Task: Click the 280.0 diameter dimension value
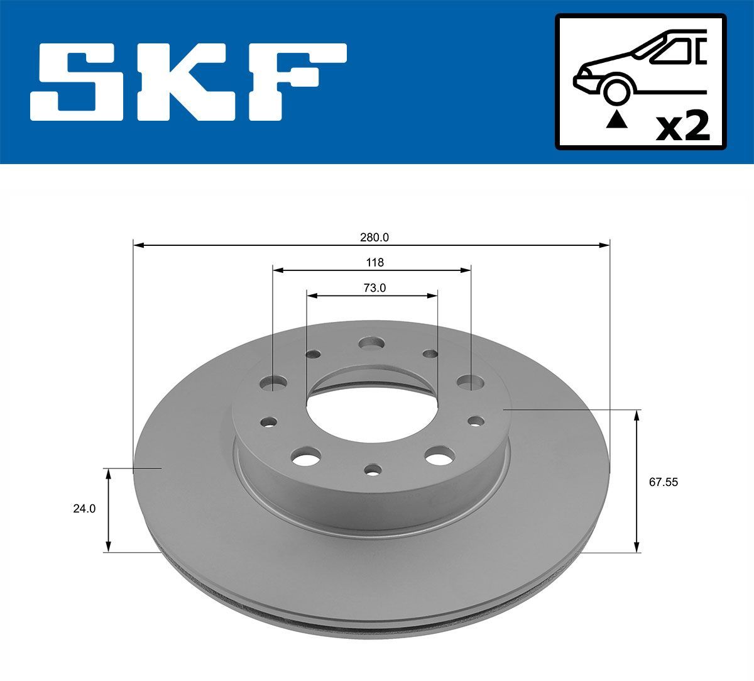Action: coord(374,237)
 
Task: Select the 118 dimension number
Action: coord(375,262)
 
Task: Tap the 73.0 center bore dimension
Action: coord(374,288)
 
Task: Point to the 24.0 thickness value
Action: coord(84,509)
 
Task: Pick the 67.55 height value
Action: coord(664,482)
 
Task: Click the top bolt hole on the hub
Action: coord(371,344)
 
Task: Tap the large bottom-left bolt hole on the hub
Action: coord(306,457)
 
